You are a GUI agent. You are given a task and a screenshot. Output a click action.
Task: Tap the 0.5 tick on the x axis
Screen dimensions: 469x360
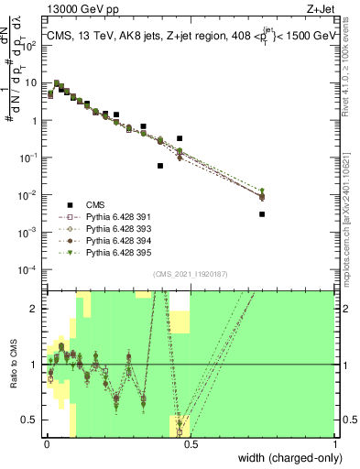click(191, 443)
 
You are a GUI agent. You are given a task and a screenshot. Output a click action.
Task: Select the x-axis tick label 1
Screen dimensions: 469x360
click(335, 443)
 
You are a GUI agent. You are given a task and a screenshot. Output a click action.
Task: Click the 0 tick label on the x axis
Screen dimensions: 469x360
click(46, 443)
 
